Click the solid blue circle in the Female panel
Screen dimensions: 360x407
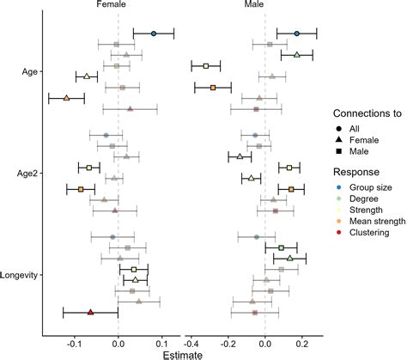154,34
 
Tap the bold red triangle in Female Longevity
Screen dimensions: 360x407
90,312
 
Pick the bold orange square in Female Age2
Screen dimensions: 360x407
81,189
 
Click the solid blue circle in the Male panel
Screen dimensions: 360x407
296,34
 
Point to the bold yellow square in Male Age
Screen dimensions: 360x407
206,65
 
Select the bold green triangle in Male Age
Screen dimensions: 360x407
296,55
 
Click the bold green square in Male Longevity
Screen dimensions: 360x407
281,247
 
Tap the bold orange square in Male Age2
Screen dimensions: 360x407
291,189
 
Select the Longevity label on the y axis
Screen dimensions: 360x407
21,275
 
